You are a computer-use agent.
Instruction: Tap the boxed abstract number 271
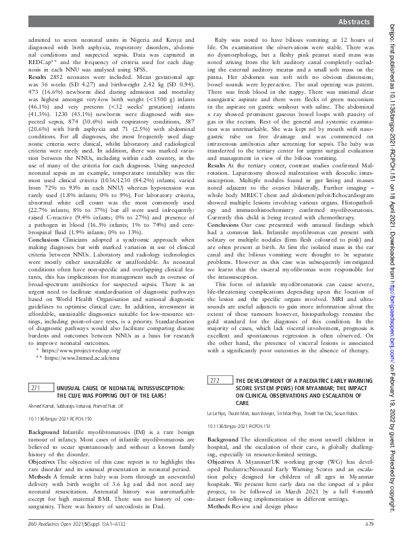36,388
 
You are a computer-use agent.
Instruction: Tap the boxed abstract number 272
215,381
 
